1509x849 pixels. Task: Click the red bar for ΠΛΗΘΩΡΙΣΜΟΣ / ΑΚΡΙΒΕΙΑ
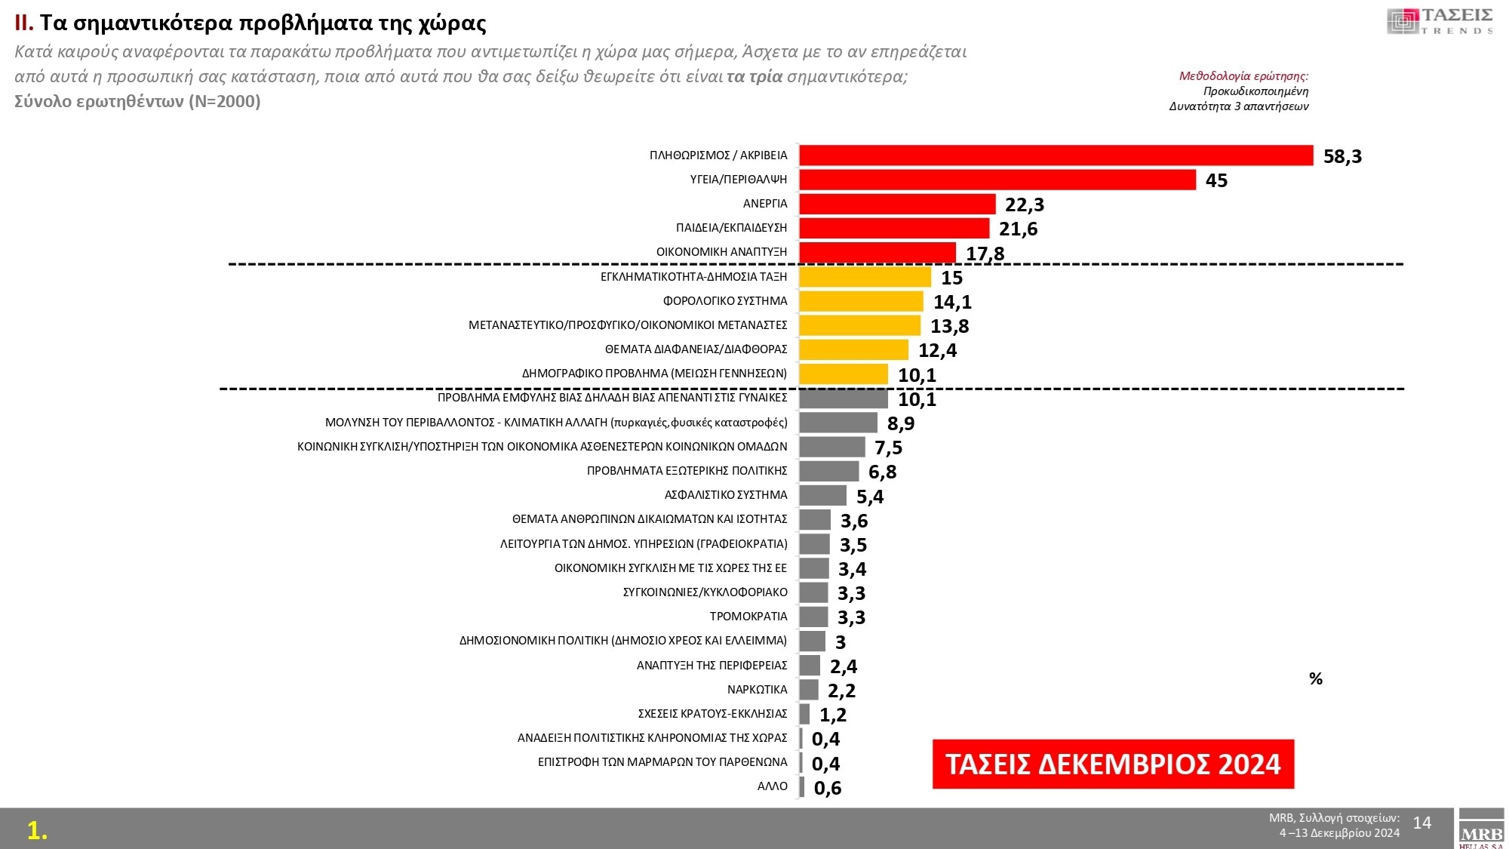(1056, 155)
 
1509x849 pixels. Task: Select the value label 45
(1216, 180)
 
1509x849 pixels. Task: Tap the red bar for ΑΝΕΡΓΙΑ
(897, 204)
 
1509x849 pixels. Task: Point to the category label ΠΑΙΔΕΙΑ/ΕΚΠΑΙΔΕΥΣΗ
(731, 228)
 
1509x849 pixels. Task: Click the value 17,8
(985, 254)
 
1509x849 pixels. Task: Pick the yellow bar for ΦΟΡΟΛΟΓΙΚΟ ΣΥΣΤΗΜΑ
(861, 301)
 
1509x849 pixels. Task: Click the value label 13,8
(949, 326)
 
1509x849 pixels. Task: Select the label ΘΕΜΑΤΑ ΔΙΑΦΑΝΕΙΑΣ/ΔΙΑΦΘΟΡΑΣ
(696, 349)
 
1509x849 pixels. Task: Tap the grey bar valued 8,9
(838, 423)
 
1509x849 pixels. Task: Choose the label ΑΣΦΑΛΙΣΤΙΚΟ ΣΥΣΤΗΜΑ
(725, 495)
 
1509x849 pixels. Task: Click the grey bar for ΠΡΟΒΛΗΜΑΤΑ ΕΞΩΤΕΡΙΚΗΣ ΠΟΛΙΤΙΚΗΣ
(828, 471)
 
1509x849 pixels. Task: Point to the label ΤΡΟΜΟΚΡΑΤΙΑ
(748, 617)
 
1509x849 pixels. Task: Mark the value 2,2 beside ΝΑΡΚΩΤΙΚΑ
(841, 691)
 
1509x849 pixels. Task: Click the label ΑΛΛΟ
(772, 786)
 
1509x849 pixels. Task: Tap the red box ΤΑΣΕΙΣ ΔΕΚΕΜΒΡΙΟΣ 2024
(1113, 764)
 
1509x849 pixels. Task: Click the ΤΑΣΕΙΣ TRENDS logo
(1440, 21)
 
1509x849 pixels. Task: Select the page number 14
(1421, 823)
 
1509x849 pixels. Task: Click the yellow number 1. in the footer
(37, 830)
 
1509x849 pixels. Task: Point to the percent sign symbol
(1316, 679)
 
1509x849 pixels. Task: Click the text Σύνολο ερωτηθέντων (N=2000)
(137, 101)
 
